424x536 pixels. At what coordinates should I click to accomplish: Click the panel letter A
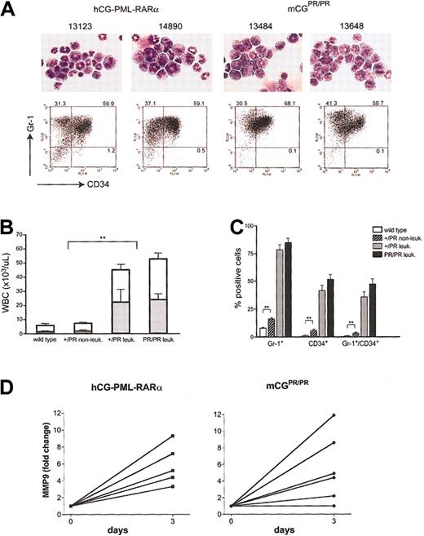pos(10,8)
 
